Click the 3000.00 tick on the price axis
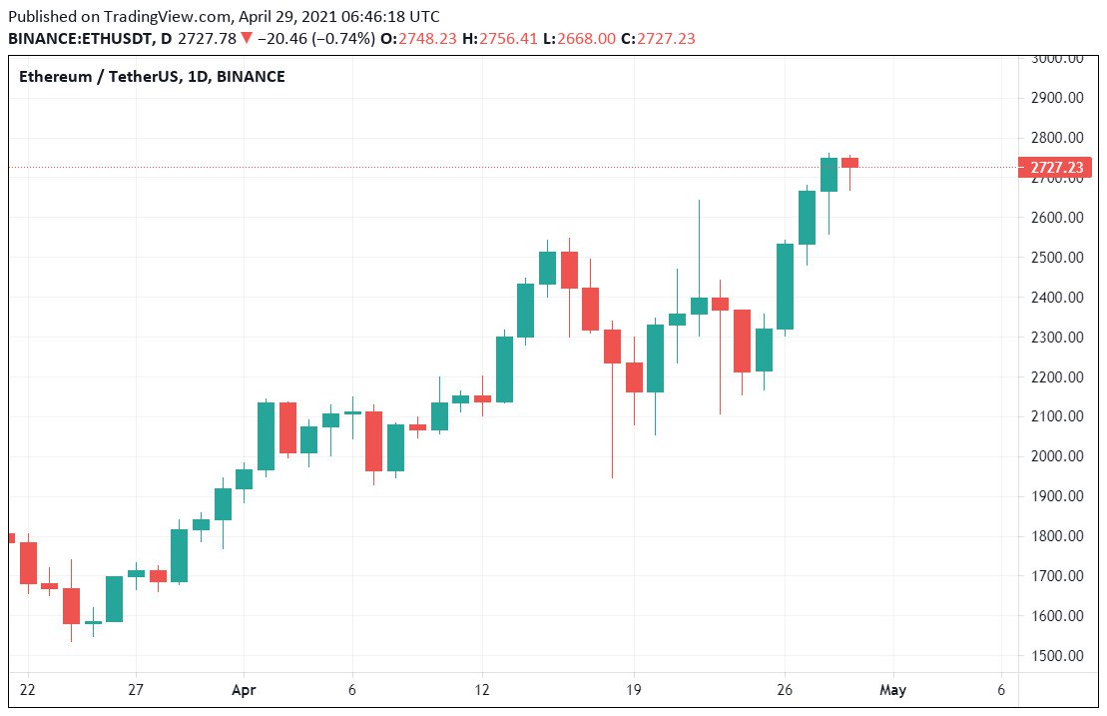pos(1058,58)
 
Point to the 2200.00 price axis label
pos(1058,376)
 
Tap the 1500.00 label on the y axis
pos(1058,655)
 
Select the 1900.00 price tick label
pos(1058,496)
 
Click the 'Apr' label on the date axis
pos(244,689)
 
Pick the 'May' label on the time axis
pos(893,689)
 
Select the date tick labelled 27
pos(136,689)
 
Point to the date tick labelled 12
pos(483,689)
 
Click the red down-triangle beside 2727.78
pos(246,38)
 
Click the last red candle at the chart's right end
pos(849,163)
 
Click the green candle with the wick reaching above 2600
pos(699,306)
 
